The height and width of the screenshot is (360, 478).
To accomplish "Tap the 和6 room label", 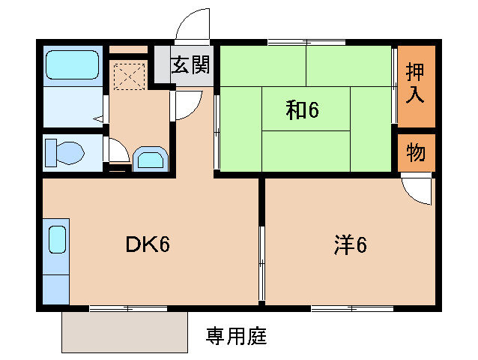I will (x=302, y=110).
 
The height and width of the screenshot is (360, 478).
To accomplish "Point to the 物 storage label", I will (x=416, y=153).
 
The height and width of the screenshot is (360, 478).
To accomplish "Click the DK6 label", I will (x=146, y=244).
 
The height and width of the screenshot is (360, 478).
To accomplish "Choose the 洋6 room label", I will (x=350, y=244).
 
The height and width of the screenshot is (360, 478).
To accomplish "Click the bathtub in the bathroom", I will (x=72, y=66).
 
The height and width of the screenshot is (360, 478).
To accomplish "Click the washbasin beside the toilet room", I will (x=152, y=159).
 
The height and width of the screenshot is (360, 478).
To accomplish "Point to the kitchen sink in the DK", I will (x=57, y=241).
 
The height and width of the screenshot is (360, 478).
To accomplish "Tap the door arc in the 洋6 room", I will (x=417, y=189).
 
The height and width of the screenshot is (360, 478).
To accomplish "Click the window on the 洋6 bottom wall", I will (x=352, y=307).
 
